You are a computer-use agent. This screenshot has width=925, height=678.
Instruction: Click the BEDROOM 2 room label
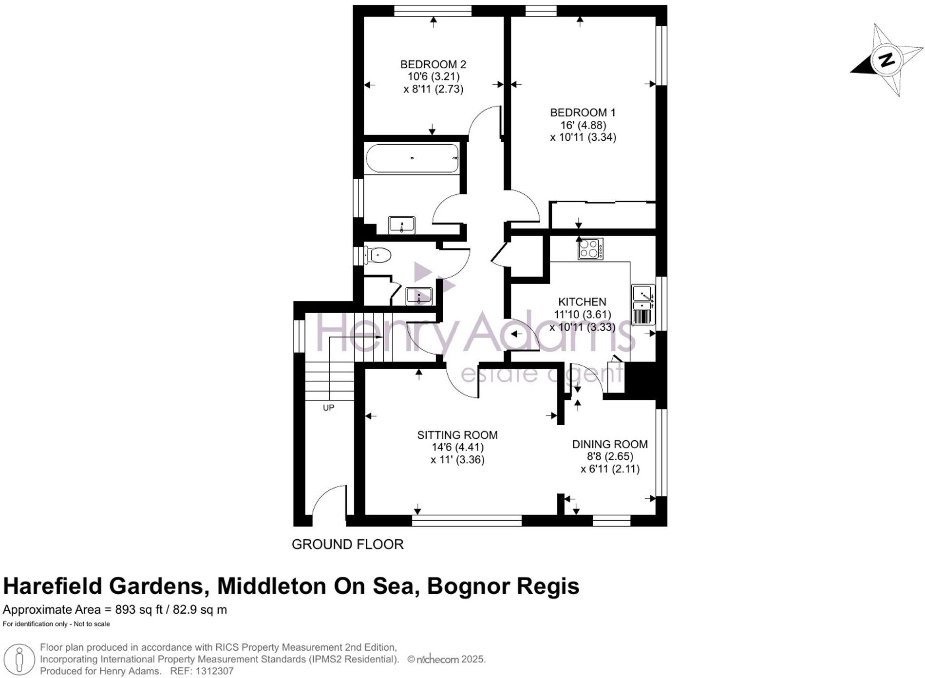(x=433, y=64)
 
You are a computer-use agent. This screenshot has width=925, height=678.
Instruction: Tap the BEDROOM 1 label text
(x=583, y=113)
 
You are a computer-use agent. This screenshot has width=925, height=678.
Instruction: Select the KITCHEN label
(x=582, y=302)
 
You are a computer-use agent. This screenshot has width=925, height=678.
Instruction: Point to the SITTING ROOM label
(x=457, y=435)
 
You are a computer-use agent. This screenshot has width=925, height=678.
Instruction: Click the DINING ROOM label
(x=610, y=444)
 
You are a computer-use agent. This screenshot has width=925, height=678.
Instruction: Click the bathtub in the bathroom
(x=412, y=158)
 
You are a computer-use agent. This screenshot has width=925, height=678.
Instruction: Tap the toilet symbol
(x=378, y=255)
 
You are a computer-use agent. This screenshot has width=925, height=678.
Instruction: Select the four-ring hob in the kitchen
(x=590, y=248)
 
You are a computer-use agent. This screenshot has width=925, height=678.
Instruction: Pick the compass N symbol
(x=887, y=60)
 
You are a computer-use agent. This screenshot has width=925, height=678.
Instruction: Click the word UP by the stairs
(x=328, y=408)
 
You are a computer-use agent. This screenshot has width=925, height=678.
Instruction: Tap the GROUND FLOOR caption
(x=347, y=544)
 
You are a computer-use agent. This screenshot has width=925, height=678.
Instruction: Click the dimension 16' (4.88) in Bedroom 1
(x=583, y=125)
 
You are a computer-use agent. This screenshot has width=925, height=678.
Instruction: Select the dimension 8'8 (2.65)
(x=610, y=456)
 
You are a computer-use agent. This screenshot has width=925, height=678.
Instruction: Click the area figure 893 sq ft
(x=139, y=610)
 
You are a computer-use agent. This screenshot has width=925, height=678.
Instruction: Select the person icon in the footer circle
(x=19, y=660)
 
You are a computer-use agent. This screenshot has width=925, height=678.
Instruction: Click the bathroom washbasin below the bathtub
(x=401, y=225)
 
